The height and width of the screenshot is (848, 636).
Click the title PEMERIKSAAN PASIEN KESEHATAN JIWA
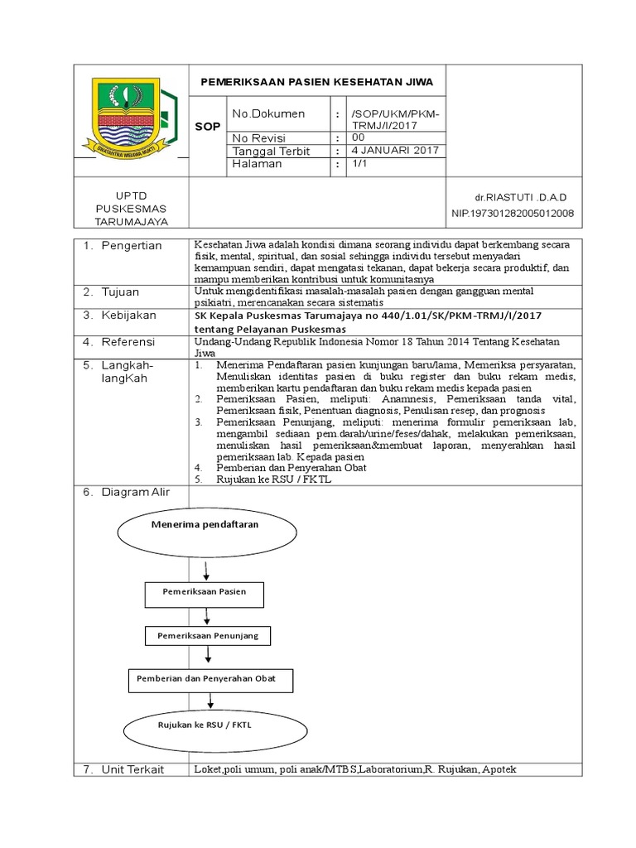[x=319, y=82]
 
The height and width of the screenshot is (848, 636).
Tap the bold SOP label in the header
[x=207, y=127]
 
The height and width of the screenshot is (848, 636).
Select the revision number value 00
[x=358, y=137]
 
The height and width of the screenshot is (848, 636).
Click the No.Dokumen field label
[x=268, y=113]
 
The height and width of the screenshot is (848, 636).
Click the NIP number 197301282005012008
[x=512, y=214]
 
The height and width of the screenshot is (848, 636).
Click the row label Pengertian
[x=132, y=246]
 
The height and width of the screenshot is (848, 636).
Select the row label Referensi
[x=129, y=342]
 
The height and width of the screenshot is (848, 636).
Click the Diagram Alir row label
[x=135, y=492]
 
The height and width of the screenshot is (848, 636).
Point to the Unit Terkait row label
[x=132, y=769]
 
